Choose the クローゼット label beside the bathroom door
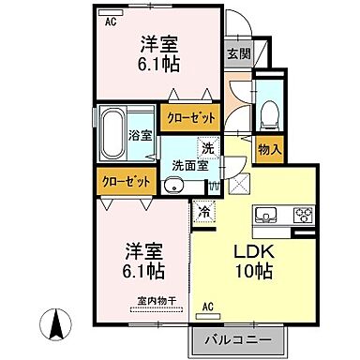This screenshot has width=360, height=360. [x=190, y=118]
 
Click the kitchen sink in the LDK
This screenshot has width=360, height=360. [x=264, y=215]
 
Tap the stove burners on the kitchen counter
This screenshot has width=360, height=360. [x=305, y=215]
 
